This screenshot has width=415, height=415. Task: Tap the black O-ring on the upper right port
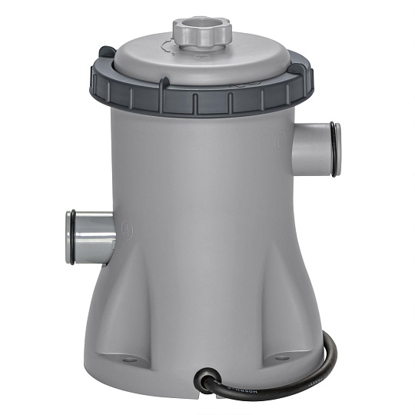pyautogui.click(x=335, y=149)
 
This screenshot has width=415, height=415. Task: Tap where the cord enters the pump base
pyautogui.click(x=206, y=376)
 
